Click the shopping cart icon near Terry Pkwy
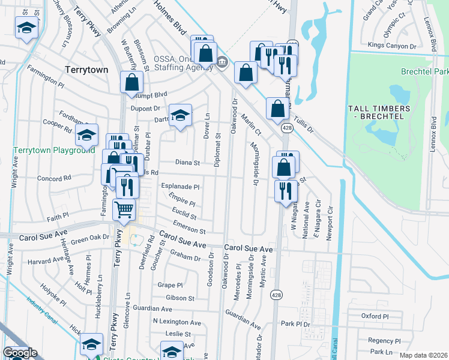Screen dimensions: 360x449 pos(124,209)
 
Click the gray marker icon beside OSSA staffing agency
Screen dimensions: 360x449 pos(222,61)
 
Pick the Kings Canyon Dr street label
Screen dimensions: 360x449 pos(392,46)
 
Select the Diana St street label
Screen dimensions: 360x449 pos(187,162)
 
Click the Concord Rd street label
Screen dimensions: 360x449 pos(55,178)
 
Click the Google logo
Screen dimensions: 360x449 pos(20,353)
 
